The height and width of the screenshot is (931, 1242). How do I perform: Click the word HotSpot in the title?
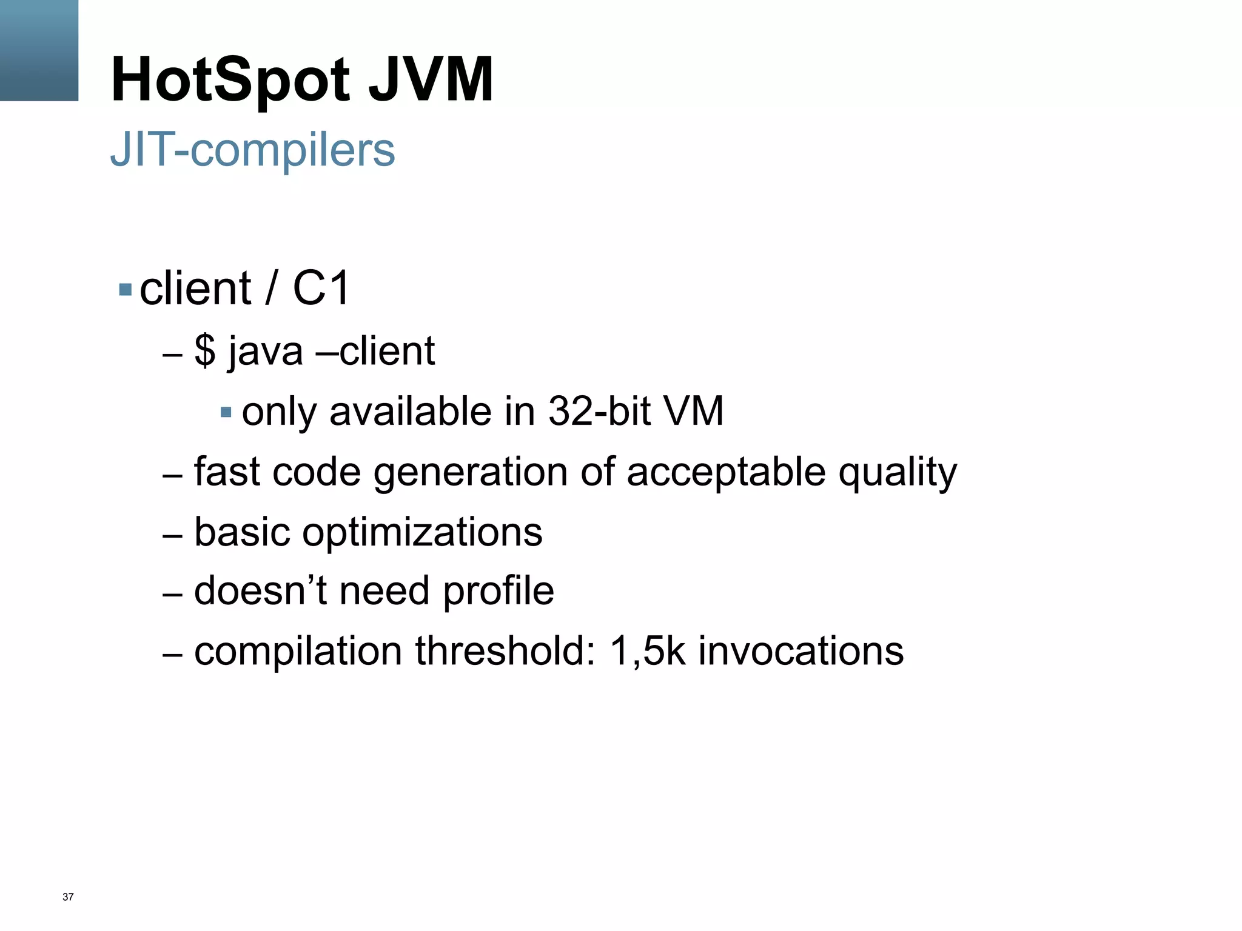230,80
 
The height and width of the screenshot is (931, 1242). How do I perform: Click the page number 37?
68,897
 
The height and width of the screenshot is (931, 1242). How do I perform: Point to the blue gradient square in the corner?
39,50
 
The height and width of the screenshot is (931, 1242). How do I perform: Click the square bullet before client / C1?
126,289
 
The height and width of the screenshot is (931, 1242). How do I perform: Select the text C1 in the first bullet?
321,288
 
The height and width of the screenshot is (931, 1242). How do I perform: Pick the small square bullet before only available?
226,413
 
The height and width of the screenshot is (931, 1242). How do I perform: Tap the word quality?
898,473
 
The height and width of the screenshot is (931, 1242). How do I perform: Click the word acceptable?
726,473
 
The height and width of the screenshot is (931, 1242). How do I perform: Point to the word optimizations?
422,533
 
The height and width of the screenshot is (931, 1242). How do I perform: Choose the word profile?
498,592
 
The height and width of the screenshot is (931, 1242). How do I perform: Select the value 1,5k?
648,652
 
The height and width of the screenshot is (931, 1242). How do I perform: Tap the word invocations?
801,652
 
